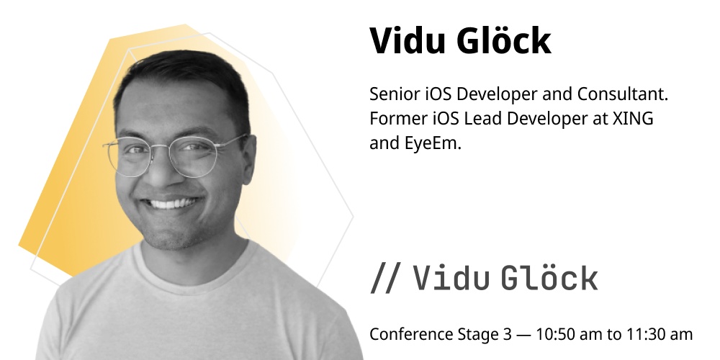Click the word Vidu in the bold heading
tap(408, 41)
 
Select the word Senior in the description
tap(395, 94)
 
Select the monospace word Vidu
tap(451, 278)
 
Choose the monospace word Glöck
tap(549, 278)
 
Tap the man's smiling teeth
tap(170, 203)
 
